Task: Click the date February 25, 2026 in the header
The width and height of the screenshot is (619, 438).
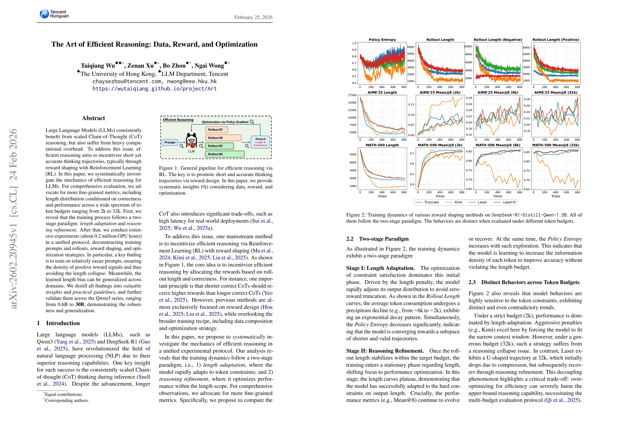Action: (x=253, y=17)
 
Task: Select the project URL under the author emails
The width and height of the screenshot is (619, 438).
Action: (x=155, y=89)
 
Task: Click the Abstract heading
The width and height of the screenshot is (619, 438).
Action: (x=93, y=118)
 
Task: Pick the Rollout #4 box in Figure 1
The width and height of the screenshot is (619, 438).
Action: (x=225, y=154)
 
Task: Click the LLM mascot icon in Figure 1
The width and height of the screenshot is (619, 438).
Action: (x=191, y=140)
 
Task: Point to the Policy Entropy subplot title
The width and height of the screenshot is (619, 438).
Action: (x=382, y=40)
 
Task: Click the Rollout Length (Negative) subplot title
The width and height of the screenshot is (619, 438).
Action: (x=498, y=40)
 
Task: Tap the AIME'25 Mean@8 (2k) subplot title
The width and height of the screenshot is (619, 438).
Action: (x=440, y=92)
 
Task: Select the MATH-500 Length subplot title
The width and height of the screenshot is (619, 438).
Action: (x=382, y=145)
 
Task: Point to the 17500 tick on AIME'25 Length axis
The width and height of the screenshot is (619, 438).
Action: (x=352, y=95)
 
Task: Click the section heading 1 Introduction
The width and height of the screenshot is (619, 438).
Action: (x=58, y=323)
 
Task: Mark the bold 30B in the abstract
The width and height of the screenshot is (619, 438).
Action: (x=80, y=304)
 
